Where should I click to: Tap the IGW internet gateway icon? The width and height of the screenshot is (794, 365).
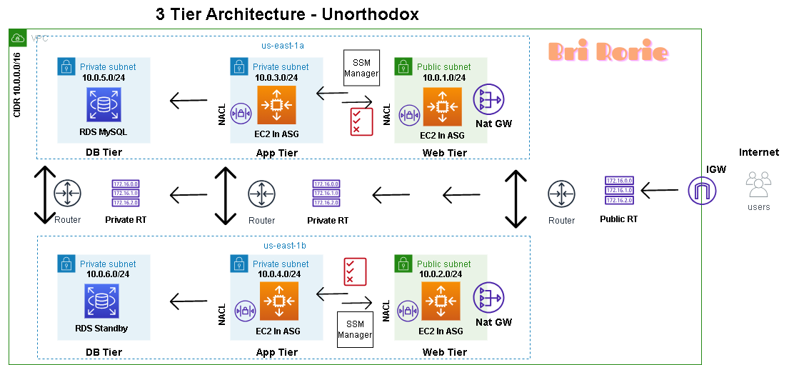[x=703, y=191]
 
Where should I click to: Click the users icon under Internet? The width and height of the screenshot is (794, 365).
[x=758, y=184]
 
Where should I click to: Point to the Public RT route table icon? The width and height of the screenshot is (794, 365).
[x=618, y=191]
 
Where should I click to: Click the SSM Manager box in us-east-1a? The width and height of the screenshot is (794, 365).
[x=361, y=68]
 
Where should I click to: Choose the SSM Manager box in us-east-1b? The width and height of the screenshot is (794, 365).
[x=355, y=329]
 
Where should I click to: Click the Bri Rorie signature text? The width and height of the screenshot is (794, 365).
[x=608, y=52]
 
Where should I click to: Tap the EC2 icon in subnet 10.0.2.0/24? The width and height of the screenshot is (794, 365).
[x=442, y=302]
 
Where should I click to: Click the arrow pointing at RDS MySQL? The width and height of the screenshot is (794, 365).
[x=189, y=101]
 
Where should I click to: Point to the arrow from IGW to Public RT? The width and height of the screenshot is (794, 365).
[x=660, y=191]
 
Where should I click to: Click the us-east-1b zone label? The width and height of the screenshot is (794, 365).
[x=284, y=246]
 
